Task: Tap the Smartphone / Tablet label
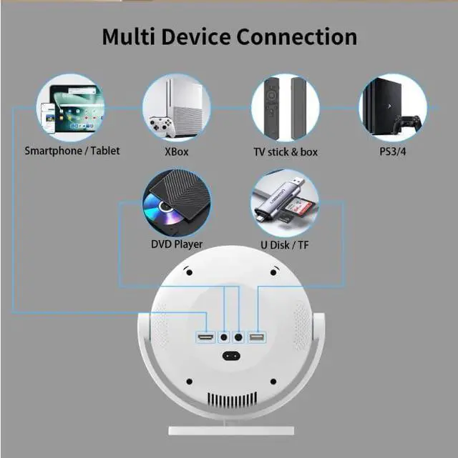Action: (x=72, y=151)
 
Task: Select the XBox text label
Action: (x=176, y=151)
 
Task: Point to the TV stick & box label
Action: (x=286, y=151)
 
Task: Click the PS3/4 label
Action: (x=393, y=151)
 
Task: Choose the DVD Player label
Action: (x=177, y=244)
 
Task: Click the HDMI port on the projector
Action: (x=206, y=337)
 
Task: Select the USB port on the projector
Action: (x=257, y=337)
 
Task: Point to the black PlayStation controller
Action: (x=409, y=124)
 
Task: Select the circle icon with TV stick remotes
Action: (x=285, y=108)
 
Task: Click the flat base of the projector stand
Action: (x=231, y=430)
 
